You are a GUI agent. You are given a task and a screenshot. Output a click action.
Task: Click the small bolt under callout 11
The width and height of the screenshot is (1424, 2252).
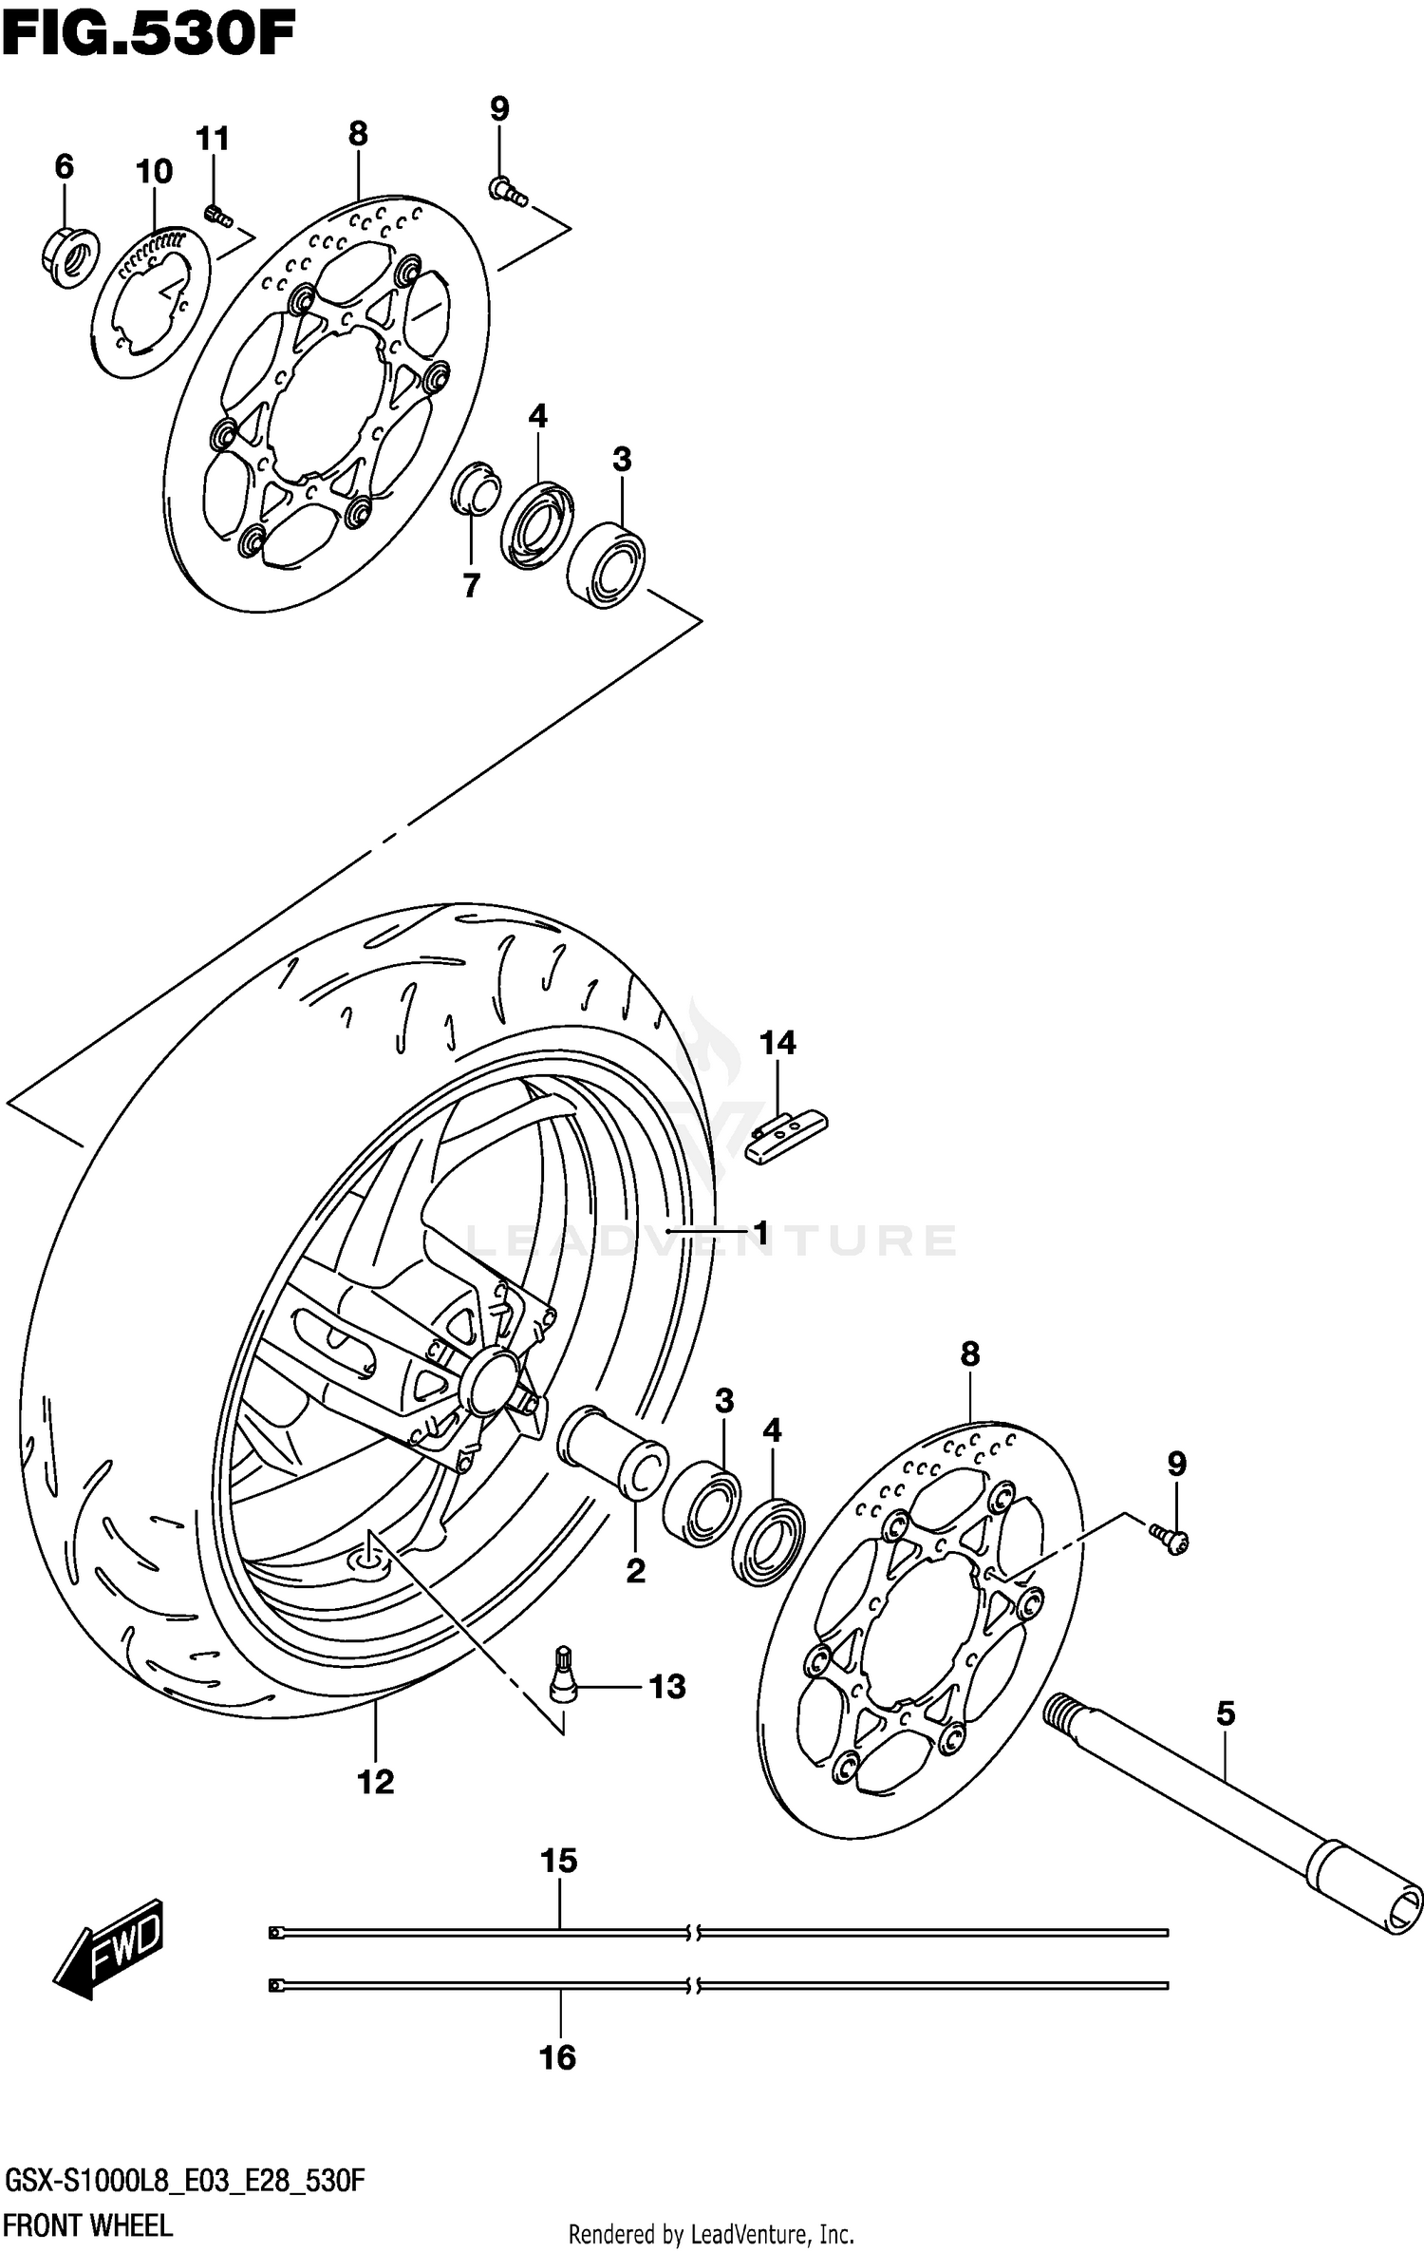[217, 218]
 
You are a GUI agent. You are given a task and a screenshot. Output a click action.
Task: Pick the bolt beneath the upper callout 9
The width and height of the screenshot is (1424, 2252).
[508, 193]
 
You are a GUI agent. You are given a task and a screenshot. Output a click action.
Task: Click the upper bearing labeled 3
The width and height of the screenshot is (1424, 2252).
[607, 564]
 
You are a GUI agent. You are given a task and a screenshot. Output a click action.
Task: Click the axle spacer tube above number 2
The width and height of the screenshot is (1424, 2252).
[612, 1453]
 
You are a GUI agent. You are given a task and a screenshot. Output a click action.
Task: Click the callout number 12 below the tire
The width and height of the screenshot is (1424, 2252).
[376, 1782]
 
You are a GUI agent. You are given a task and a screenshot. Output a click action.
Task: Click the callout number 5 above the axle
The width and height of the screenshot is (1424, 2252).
[1226, 1714]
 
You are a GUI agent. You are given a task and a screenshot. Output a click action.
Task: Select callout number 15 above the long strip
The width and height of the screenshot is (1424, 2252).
[559, 1861]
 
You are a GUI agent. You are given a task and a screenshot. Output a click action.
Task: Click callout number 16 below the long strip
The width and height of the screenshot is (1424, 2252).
[558, 2057]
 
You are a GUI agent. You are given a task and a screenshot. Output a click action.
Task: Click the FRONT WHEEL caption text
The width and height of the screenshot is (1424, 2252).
[87, 2225]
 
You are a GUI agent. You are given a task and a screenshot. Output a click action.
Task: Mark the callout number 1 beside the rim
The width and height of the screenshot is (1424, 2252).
[759, 1233]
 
